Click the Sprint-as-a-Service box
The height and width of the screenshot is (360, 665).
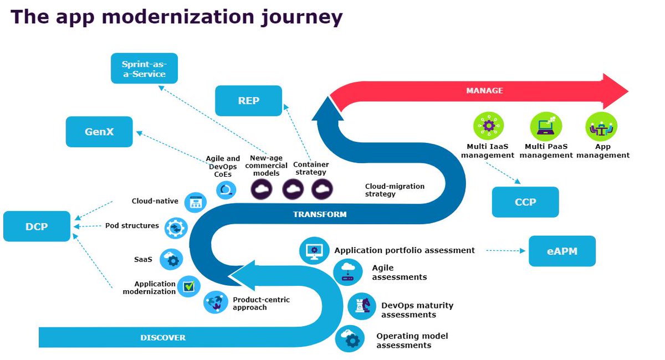coord(144,68)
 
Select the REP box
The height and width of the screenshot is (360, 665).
coord(249,101)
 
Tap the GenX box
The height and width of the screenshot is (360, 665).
coord(99,132)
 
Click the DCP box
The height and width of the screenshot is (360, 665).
coord(37,227)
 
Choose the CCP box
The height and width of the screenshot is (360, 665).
coord(525,202)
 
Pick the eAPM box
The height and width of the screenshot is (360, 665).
coord(562,251)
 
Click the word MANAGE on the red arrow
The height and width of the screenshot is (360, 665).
coord(484,90)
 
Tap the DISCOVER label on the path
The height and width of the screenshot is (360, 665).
coord(163,337)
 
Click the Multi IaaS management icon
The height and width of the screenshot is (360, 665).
coord(488,126)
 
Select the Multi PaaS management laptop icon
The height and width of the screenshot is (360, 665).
coord(545,126)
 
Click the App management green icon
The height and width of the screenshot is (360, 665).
coord(601,126)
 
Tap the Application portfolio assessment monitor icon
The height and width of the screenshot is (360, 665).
coord(314,250)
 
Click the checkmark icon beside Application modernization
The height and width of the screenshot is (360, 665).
coord(189,286)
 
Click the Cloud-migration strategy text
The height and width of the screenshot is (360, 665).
coord(395,190)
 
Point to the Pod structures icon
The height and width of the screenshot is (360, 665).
coord(176,228)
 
